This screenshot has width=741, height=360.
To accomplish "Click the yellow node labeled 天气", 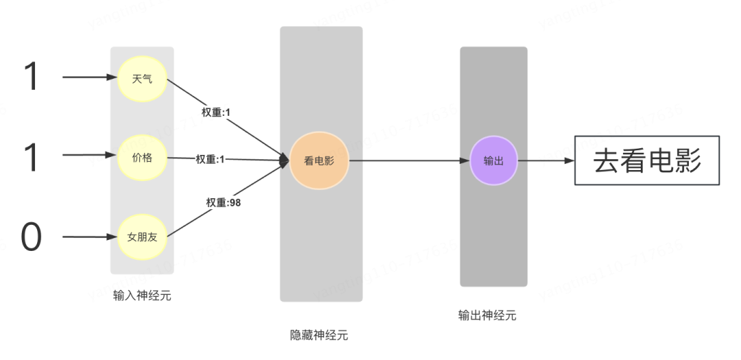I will pos(142,79).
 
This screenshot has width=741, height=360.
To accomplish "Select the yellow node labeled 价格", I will pos(142,158).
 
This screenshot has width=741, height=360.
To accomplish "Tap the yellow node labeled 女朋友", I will pos(142,238).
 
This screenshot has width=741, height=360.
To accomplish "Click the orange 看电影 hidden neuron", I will pos(319,161).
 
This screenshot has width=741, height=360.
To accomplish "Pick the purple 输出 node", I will pos(493,161).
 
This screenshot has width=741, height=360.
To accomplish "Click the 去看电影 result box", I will pos(647,161).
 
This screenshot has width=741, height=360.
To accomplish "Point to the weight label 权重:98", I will pos(224,202).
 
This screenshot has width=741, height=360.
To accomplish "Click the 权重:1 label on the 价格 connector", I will pos(210,159).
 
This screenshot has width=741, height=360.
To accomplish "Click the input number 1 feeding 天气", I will pos(32,77).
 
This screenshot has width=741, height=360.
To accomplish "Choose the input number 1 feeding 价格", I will pos(32,157).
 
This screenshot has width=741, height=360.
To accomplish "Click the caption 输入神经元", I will pos(142,296).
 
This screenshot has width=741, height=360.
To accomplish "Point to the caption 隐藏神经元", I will pos(319,335).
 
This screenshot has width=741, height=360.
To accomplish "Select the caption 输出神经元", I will pos(487,315).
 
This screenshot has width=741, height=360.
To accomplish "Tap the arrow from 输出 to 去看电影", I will pos(545,162).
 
